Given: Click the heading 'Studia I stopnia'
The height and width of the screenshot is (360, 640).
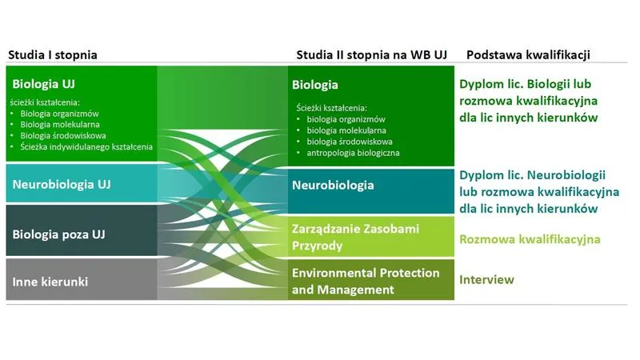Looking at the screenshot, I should (x=52, y=55).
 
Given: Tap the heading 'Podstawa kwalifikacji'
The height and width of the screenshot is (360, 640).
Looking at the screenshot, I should (x=528, y=55).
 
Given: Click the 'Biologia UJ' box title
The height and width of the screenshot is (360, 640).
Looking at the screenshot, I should (x=44, y=82).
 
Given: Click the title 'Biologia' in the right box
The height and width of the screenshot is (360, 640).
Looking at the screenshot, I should (x=315, y=85).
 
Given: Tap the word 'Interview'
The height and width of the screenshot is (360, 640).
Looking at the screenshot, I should (x=486, y=279).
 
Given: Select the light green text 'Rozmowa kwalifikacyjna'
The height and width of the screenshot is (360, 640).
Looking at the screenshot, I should (x=530, y=239).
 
